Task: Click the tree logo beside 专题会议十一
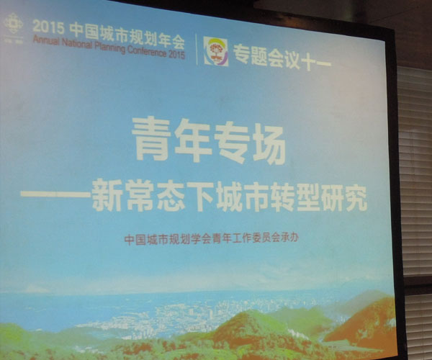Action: pos(216,52)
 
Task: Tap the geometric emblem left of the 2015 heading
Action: pos(13,24)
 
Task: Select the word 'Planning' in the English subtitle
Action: pos(109,48)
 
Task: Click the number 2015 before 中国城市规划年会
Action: pos(48,27)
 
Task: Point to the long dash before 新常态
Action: pos(55,194)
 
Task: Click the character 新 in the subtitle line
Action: pos(107,195)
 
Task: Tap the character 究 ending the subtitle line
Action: pos(355,199)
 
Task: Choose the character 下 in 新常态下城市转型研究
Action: pos(199,197)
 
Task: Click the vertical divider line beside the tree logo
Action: pos(197,49)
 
